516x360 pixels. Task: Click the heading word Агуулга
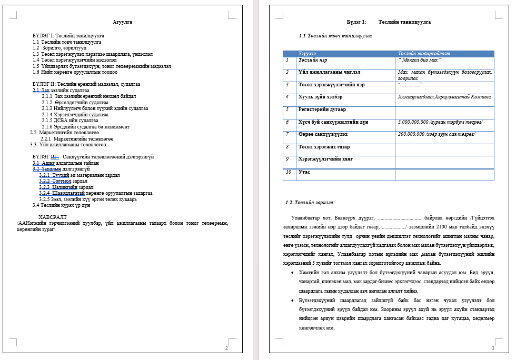pyautogui.click(x=122, y=22)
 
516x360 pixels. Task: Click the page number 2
pyautogui.click(x=226, y=348)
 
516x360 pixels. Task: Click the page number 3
pyautogui.click(x=493, y=348)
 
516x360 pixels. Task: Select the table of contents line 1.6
pyautogui.click(x=75, y=72)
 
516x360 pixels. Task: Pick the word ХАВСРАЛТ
pyautogui.click(x=53, y=217)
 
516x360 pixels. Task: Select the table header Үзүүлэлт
pyautogui.click(x=307, y=54)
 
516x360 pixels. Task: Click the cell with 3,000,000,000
pyautogui.click(x=440, y=122)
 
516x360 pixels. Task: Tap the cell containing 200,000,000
pyautogui.click(x=436, y=134)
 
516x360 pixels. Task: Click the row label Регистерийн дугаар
pyautogui.click(x=322, y=109)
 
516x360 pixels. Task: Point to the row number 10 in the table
pyautogui.click(x=289, y=172)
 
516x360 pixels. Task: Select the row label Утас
pyautogui.click(x=304, y=172)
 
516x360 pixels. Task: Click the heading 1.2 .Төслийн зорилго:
pyautogui.click(x=310, y=203)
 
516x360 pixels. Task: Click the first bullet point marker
pyautogui.click(x=292, y=273)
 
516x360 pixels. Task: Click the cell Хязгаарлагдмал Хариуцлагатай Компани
pyautogui.click(x=445, y=97)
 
